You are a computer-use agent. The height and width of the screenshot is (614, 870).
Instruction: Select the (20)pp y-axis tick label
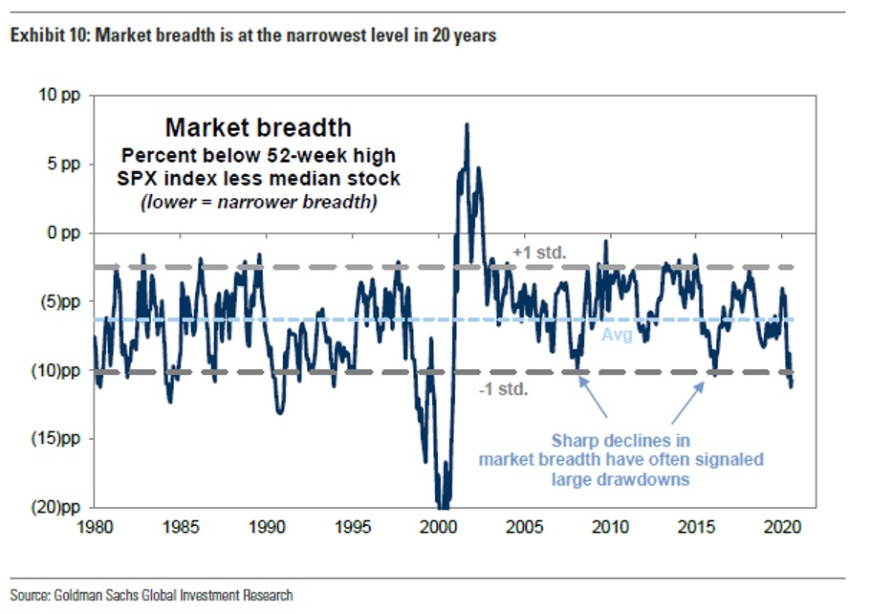(x=59, y=508)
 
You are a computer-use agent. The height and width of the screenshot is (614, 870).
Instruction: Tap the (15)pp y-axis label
(x=59, y=439)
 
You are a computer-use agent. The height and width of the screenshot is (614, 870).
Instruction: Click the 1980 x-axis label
(x=94, y=526)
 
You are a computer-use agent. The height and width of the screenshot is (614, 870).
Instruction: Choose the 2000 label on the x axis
(x=439, y=526)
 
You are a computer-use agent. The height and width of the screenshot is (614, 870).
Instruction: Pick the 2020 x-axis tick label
(x=783, y=526)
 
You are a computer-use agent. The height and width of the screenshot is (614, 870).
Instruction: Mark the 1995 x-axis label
(x=353, y=526)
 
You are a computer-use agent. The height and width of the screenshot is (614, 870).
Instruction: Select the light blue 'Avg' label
(x=617, y=336)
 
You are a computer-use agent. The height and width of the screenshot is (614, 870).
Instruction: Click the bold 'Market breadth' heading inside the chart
(x=258, y=128)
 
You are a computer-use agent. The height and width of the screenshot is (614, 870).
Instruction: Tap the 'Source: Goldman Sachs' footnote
(x=153, y=595)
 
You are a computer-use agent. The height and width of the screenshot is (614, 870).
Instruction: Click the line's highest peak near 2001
(x=467, y=124)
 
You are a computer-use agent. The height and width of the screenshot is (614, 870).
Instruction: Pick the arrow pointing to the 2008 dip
(x=595, y=396)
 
